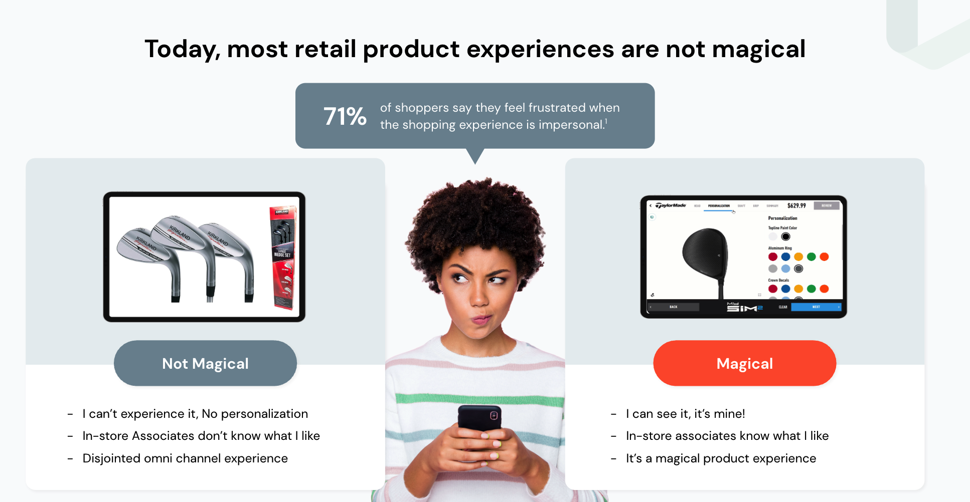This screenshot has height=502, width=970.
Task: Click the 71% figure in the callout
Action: click(x=345, y=116)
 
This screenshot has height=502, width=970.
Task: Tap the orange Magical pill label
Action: click(x=744, y=363)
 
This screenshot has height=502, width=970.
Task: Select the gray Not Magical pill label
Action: click(x=205, y=363)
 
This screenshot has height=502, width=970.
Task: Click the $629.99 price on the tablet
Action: click(x=796, y=205)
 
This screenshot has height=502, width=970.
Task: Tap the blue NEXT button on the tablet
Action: click(x=816, y=307)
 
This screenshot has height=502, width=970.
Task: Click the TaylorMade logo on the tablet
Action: click(x=671, y=205)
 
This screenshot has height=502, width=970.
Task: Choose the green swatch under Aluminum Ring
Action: click(x=811, y=257)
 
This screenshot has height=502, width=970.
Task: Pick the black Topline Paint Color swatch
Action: click(x=785, y=236)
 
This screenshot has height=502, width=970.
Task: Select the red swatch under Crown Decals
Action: click(x=773, y=289)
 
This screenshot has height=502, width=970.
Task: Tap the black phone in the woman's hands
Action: click(x=479, y=418)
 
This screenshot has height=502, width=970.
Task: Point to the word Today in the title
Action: click(x=182, y=50)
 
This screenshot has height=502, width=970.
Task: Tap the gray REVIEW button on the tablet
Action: click(x=826, y=205)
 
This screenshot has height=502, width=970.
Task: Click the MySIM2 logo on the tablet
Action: click(x=744, y=307)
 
